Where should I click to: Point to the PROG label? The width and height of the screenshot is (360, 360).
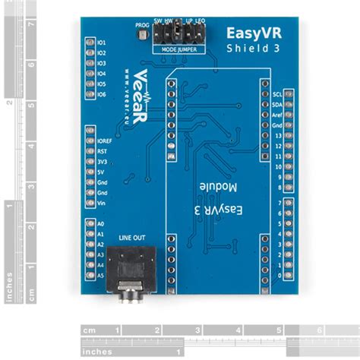pyautogui.click(x=142, y=24)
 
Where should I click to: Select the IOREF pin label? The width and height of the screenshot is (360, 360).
pyautogui.click(x=105, y=141)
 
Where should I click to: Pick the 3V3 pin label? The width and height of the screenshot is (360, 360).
pyautogui.click(x=102, y=162)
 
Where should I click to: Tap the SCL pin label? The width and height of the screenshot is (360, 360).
pyautogui.click(x=277, y=93)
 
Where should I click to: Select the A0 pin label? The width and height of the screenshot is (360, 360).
pyautogui.click(x=100, y=224)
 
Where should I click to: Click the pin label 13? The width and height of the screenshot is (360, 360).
pyautogui.click(x=279, y=134)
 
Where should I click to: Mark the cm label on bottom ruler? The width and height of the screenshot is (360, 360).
pyautogui.click(x=90, y=330)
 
